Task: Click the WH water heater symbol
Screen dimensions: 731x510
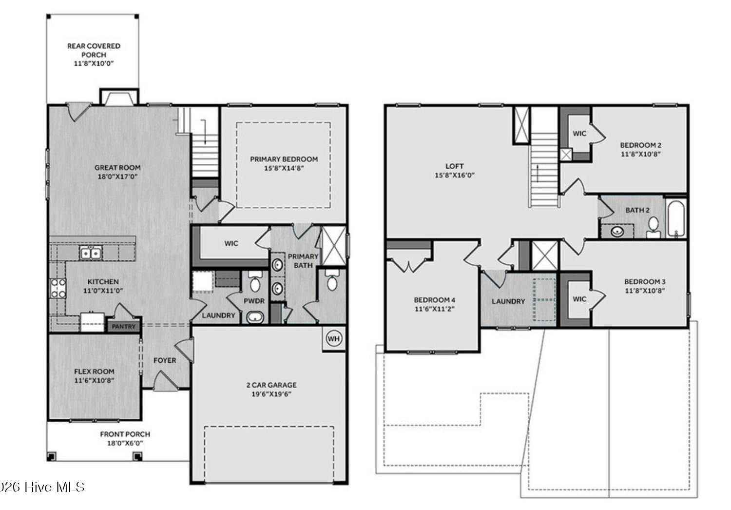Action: click(x=333, y=339)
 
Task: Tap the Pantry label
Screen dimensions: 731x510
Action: click(x=123, y=327)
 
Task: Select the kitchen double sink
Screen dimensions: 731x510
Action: click(x=90, y=253)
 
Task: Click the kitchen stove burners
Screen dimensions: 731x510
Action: click(x=58, y=288)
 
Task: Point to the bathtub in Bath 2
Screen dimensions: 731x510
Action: click(x=676, y=218)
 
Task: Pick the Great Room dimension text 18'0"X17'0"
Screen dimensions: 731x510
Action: click(x=117, y=177)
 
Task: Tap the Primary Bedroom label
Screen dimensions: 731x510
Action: click(x=284, y=159)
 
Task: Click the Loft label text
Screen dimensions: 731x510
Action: click(x=455, y=166)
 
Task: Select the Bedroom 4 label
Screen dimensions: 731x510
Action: click(x=434, y=300)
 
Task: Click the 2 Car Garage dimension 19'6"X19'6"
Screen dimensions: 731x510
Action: click(x=271, y=394)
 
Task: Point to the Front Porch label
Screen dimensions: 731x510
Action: click(x=125, y=434)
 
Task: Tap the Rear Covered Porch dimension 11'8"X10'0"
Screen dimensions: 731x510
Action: click(x=94, y=63)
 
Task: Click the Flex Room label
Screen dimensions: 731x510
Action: click(x=94, y=372)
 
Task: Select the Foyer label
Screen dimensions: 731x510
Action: click(x=165, y=360)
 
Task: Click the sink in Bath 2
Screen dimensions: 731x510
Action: click(x=617, y=232)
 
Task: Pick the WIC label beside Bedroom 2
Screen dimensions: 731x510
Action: click(x=579, y=134)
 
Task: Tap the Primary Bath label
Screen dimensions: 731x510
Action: click(x=303, y=261)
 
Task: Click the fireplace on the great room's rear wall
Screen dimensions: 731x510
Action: click(x=119, y=97)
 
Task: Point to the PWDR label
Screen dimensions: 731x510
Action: click(x=254, y=301)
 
